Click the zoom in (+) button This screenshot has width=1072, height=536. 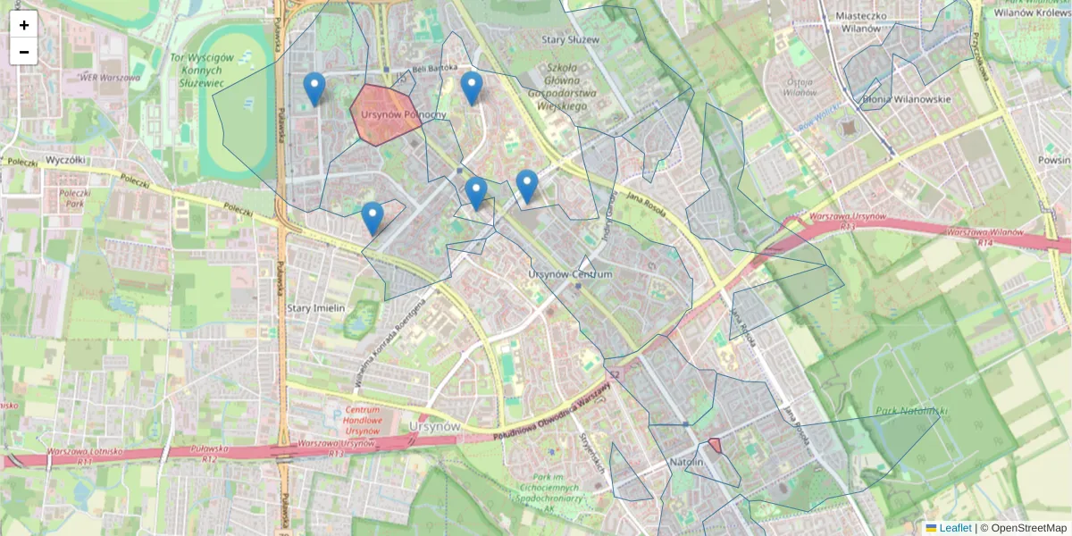[24, 24]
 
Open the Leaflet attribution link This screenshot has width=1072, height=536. [954, 528]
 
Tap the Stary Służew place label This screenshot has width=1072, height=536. [570, 40]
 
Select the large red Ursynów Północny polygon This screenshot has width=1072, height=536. [384, 114]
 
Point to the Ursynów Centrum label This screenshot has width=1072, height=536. [570, 274]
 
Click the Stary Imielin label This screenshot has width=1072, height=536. [315, 308]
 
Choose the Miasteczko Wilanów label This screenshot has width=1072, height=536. [861, 21]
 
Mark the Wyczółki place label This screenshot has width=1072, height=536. [64, 159]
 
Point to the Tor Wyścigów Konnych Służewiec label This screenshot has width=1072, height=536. [202, 70]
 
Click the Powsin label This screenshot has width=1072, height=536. [1054, 161]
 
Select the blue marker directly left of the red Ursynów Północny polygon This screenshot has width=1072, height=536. [314, 89]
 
